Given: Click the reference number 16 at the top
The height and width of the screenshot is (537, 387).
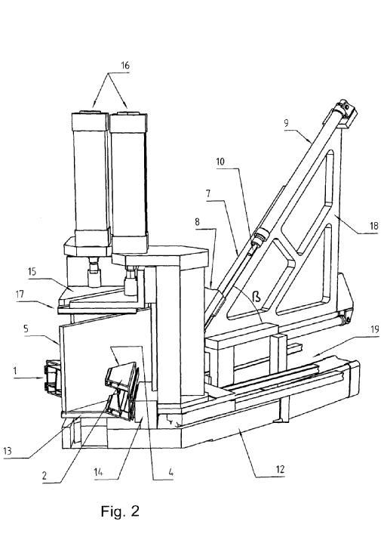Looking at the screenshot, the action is [125, 66].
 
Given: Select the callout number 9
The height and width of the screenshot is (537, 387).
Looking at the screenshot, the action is [287, 123].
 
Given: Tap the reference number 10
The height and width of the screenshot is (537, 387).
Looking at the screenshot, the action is [220, 162].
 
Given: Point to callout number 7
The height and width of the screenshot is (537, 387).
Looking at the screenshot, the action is [207, 194].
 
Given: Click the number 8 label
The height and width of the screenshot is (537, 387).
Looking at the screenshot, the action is [197, 222].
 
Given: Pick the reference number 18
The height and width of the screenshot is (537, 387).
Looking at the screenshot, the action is [373, 226].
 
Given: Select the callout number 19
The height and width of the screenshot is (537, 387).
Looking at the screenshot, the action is [375, 329].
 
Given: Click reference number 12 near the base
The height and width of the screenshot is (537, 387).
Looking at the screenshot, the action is [280, 469].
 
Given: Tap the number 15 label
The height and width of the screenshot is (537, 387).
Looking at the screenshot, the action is [32, 272].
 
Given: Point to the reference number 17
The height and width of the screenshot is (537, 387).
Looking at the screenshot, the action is [20, 295].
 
